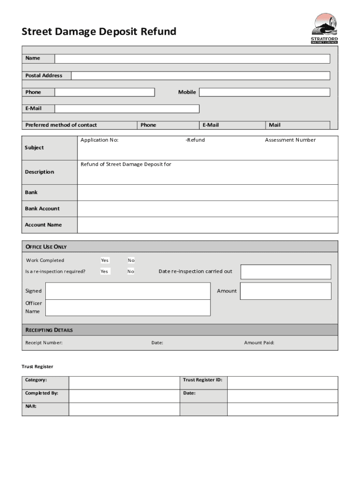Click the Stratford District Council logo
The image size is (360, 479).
pyautogui.click(x=324, y=29)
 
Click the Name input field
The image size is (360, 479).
pyautogui.click(x=192, y=59)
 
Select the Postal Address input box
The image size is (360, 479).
pyautogui.click(x=200, y=76)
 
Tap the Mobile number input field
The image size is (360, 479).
pyautogui.click(x=264, y=92)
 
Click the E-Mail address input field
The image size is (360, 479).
pyautogui.click(x=127, y=109)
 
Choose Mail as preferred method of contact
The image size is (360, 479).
pyautogui.click(x=274, y=125)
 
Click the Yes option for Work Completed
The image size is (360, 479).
pyautogui.click(x=105, y=261)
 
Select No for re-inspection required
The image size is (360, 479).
pyautogui.click(x=131, y=271)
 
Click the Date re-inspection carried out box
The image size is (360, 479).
pyautogui.click(x=286, y=272)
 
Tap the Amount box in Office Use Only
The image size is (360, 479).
pyautogui.click(x=286, y=291)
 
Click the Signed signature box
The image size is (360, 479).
pyautogui.click(x=128, y=291)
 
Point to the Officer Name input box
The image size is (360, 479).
pyautogui.click(x=128, y=307)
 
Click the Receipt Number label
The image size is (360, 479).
pyautogui.click(x=44, y=343)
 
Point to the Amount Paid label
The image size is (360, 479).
pyautogui.click(x=259, y=343)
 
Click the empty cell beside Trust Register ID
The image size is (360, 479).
pyautogui.click(x=282, y=383)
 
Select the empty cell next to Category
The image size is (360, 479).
pyautogui.click(x=124, y=383)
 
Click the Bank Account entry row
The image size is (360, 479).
pyautogui.click(x=207, y=209)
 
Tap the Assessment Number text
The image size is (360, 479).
pyautogui.click(x=290, y=140)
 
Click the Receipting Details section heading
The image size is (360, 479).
pyautogui.click(x=49, y=330)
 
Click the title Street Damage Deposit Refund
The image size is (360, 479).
pyautogui.click(x=99, y=32)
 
